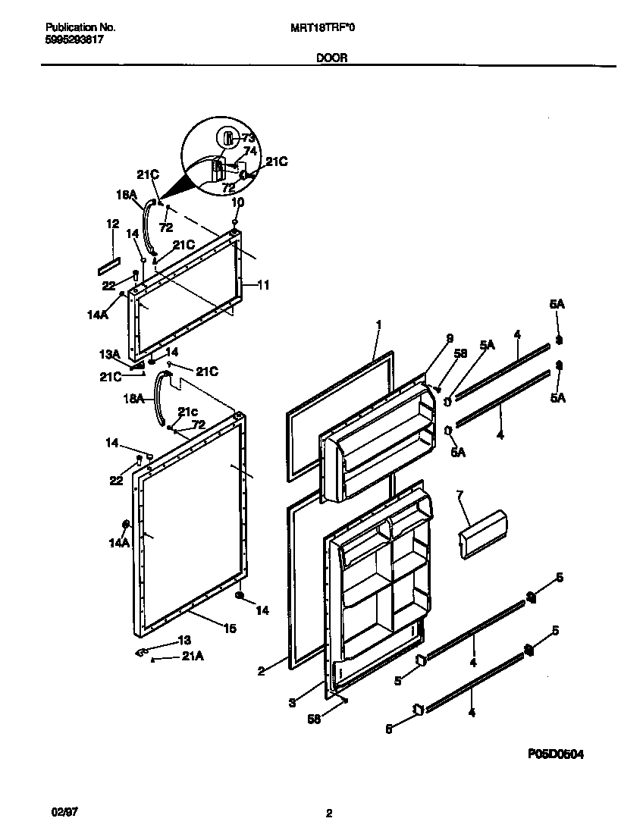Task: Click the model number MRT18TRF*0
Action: (322, 27)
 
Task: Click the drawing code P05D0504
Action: (556, 754)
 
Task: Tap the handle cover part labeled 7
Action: (482, 535)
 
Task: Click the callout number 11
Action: (263, 286)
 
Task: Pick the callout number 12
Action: (113, 224)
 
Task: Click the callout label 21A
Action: (193, 658)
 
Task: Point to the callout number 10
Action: (237, 202)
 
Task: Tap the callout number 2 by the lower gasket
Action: (260, 670)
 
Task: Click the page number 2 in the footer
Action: (329, 814)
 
